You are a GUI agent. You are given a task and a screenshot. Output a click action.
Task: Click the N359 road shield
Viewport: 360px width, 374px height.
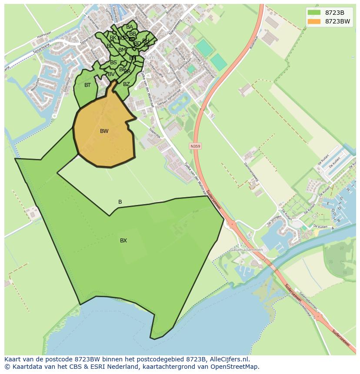click(x=195, y=146)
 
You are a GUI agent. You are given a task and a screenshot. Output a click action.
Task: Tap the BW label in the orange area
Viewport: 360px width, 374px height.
click(x=104, y=131)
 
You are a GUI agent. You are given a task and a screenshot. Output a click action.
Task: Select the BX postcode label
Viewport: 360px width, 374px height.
click(x=123, y=241)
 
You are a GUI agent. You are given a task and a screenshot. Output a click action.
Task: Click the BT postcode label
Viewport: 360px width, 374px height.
click(x=87, y=85)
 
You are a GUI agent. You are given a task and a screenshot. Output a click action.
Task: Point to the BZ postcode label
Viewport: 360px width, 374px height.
click(x=126, y=84)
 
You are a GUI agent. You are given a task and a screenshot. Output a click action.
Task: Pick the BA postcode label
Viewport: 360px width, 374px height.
click(x=129, y=27)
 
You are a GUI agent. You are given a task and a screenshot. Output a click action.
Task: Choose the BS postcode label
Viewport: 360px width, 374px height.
click(x=113, y=63)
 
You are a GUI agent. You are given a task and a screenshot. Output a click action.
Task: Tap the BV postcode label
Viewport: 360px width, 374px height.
click(x=111, y=74)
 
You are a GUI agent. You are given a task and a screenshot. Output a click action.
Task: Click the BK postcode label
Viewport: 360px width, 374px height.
click(x=113, y=38)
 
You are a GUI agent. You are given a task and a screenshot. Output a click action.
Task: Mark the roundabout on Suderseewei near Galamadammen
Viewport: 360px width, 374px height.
click(x=231, y=225)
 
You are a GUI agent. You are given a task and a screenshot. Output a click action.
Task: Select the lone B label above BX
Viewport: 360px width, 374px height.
click(x=120, y=202)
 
